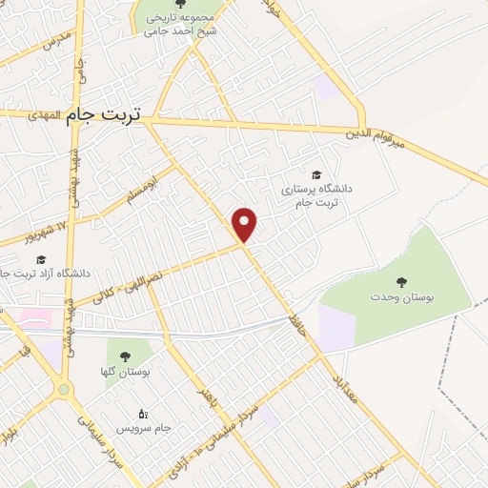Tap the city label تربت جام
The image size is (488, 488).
104,114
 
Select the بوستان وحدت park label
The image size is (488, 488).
402,298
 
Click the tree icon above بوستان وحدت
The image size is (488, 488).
402,281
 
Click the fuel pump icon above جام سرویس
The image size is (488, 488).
144,413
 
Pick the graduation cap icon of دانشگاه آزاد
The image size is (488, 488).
40,259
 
